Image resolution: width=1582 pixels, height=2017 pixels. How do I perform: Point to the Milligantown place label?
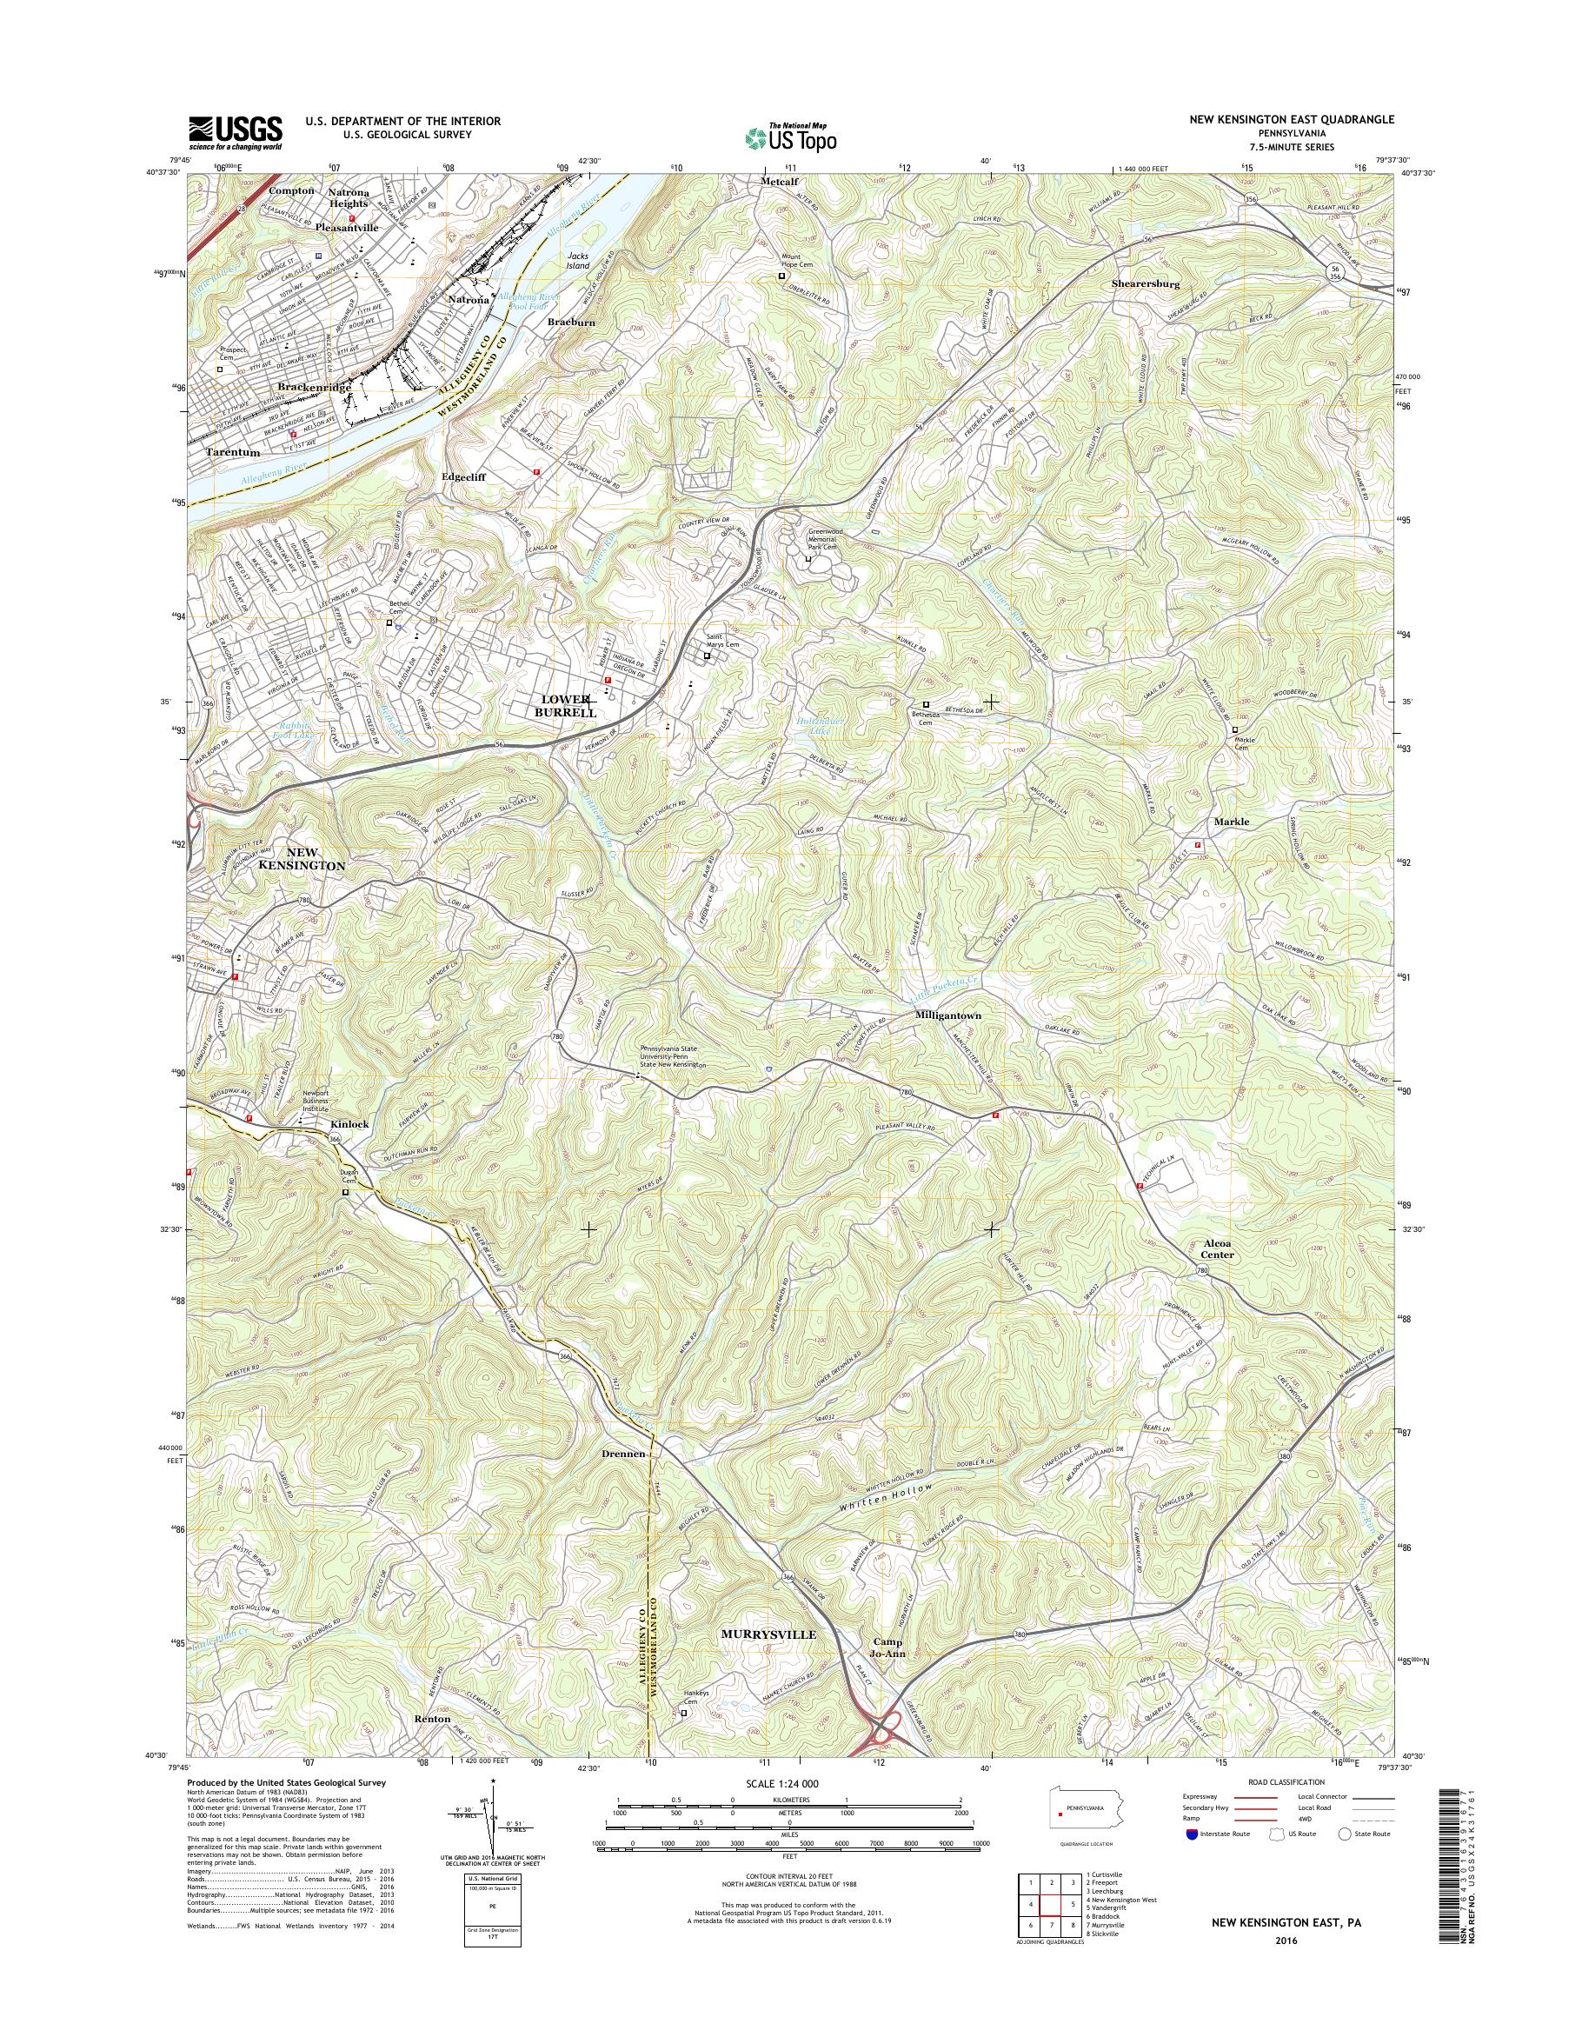tap(947, 1015)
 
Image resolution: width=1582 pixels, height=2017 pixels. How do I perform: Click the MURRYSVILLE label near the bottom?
tap(768, 1634)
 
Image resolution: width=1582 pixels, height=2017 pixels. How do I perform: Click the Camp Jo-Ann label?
tap(886, 1648)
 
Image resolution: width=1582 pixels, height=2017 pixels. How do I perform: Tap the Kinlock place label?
tap(349, 1124)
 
